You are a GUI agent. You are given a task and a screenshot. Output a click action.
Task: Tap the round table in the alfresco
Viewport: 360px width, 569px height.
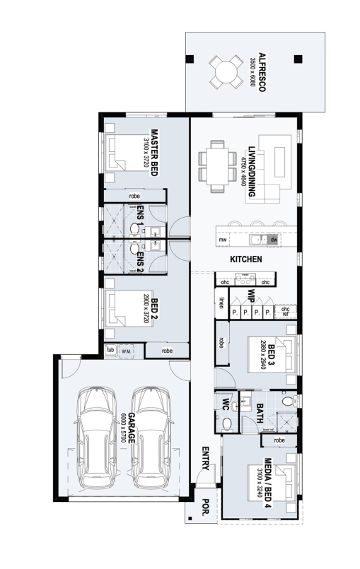tap(225, 71)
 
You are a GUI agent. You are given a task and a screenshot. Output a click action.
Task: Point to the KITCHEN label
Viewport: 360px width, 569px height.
tap(246, 259)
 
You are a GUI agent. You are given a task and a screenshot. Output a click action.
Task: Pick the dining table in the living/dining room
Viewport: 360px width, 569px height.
tap(217, 167)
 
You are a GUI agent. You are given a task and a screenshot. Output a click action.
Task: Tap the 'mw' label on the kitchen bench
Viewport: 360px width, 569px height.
tap(222, 241)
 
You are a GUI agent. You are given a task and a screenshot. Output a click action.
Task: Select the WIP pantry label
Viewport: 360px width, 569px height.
tap(250, 295)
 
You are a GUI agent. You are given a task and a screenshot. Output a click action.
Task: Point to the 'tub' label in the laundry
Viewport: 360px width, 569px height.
tap(110, 350)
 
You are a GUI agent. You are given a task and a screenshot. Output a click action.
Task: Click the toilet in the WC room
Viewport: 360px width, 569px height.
tap(228, 423)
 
